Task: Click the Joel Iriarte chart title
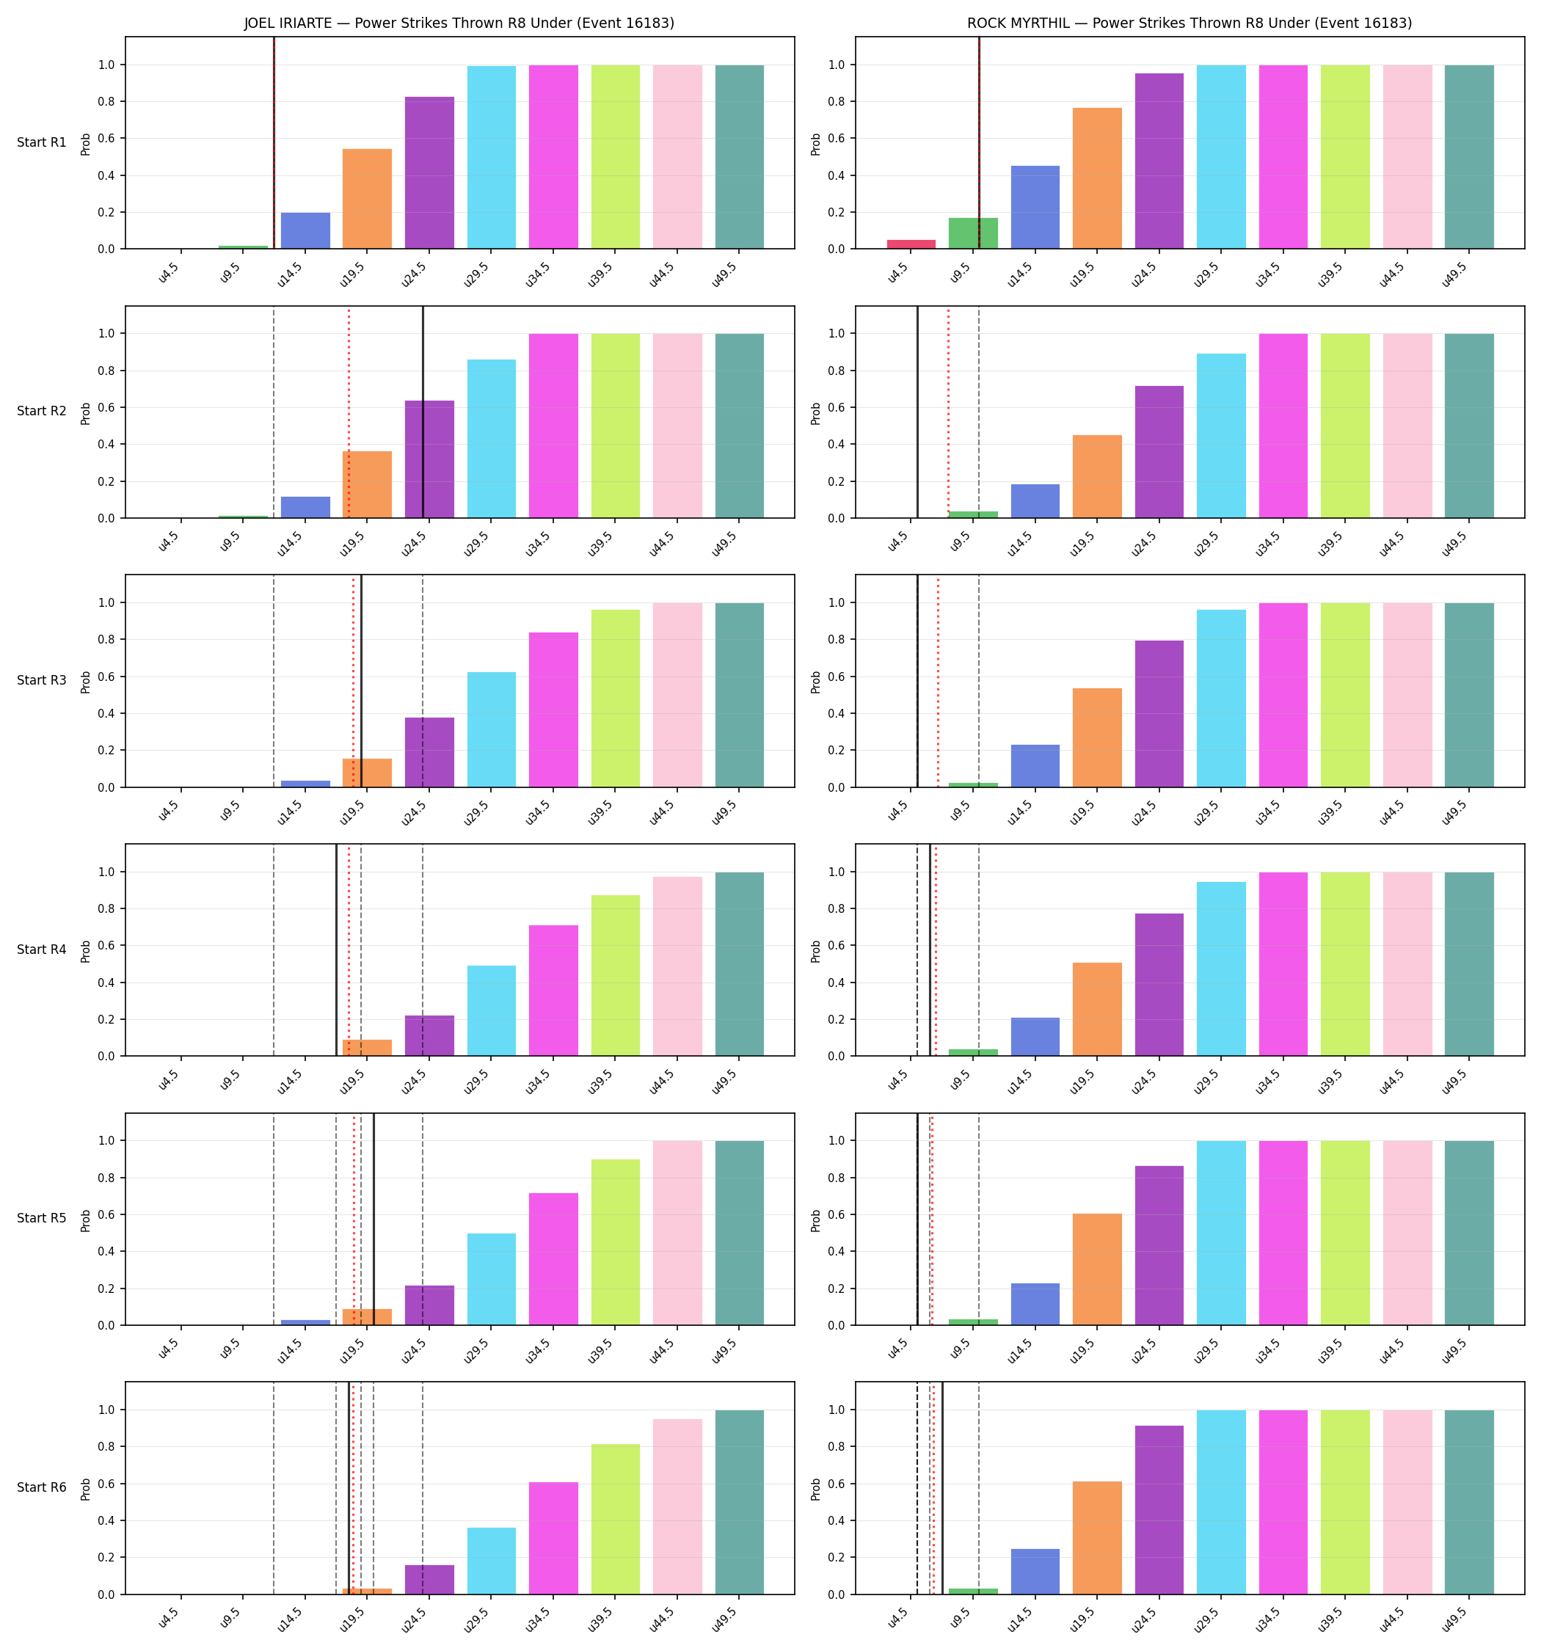(x=459, y=23)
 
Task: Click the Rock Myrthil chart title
(x=1189, y=23)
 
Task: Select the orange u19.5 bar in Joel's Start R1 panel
(x=367, y=198)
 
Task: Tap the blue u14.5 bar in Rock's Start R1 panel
(x=1035, y=208)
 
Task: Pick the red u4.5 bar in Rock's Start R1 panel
(x=911, y=244)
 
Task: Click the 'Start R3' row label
(x=42, y=680)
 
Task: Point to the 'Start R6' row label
(x=42, y=1487)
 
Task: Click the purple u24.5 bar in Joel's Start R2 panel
(x=429, y=459)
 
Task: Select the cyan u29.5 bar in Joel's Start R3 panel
(x=491, y=729)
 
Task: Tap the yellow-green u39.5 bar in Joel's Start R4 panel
(x=616, y=975)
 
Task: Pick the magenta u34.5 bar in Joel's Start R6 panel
(x=553, y=1538)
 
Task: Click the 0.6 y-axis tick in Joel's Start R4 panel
(x=106, y=946)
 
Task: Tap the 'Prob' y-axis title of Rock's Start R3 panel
(x=816, y=682)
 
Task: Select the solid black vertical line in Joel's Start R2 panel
(x=423, y=412)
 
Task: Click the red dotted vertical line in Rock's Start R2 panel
(x=948, y=412)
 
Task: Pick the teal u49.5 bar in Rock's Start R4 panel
(x=1469, y=964)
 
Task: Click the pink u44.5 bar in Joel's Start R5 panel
(x=677, y=1233)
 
